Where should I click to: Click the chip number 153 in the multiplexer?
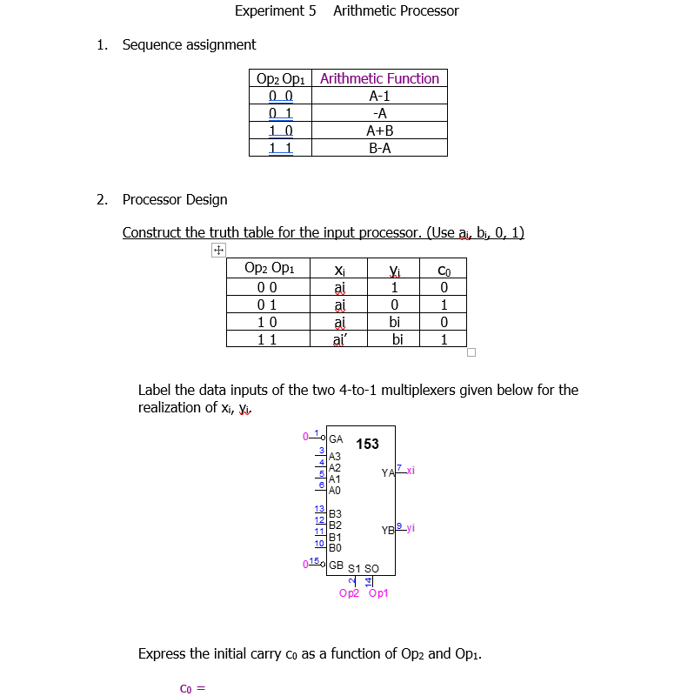pyautogui.click(x=367, y=444)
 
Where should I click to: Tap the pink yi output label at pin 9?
pyautogui.click(x=410, y=527)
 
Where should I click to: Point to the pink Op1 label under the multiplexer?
pyautogui.click(x=379, y=593)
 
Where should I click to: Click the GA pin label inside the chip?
pyautogui.click(x=336, y=438)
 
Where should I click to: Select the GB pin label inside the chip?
pyautogui.click(x=336, y=565)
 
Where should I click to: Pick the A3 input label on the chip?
pyautogui.click(x=335, y=456)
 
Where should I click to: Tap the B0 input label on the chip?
pyautogui.click(x=335, y=548)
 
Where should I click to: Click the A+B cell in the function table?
pyautogui.click(x=379, y=130)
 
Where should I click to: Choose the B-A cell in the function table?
pyautogui.click(x=379, y=148)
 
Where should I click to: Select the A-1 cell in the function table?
pyautogui.click(x=379, y=96)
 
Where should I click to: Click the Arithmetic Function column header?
pyautogui.click(x=379, y=78)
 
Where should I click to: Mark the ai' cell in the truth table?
pyautogui.click(x=339, y=339)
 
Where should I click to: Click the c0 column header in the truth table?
pyautogui.click(x=444, y=269)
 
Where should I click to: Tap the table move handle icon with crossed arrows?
pyautogui.click(x=217, y=251)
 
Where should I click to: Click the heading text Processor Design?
pyautogui.click(x=175, y=199)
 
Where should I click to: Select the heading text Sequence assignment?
pyautogui.click(x=189, y=44)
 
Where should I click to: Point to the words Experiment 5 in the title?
pyautogui.click(x=275, y=11)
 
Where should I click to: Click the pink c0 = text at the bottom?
pyautogui.click(x=191, y=688)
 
